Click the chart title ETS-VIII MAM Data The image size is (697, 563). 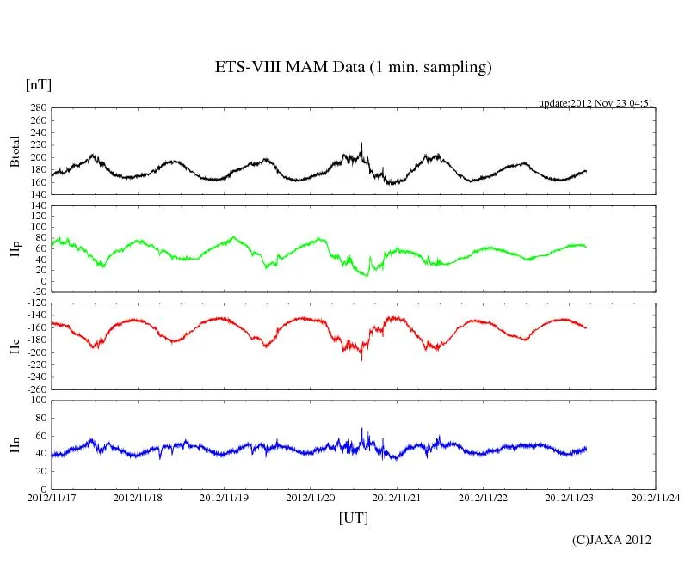[353, 68]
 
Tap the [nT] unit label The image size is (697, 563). [39, 85]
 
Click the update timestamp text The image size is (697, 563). [596, 102]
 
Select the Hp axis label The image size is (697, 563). [15, 248]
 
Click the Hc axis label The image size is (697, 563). [15, 346]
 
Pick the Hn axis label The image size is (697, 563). [15, 444]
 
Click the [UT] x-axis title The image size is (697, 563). [353, 518]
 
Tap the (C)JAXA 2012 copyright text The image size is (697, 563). [611, 540]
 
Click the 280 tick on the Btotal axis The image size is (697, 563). [38, 108]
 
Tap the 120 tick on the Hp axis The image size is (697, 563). [38, 206]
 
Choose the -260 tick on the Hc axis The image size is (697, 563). [35, 389]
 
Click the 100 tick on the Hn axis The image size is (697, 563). [38, 401]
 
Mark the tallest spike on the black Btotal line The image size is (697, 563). [361, 144]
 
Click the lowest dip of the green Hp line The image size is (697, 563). [367, 275]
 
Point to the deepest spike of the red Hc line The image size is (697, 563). [361, 359]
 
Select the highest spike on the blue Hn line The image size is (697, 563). [362, 429]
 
